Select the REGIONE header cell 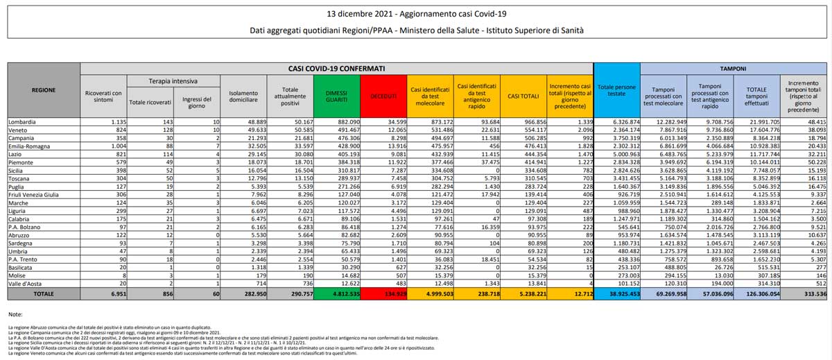point(44,90)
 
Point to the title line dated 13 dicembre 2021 point(415,14)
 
